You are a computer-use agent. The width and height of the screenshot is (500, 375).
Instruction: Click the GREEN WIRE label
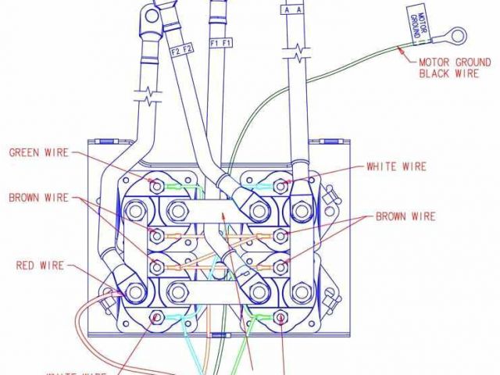(38, 152)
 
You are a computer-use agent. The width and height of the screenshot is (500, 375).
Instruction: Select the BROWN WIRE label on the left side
(39, 198)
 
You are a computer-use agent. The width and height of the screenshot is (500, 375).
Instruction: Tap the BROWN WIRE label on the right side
(405, 216)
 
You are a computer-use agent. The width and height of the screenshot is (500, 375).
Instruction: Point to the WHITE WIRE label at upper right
(396, 166)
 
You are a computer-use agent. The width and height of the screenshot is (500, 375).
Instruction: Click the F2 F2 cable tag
(179, 52)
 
